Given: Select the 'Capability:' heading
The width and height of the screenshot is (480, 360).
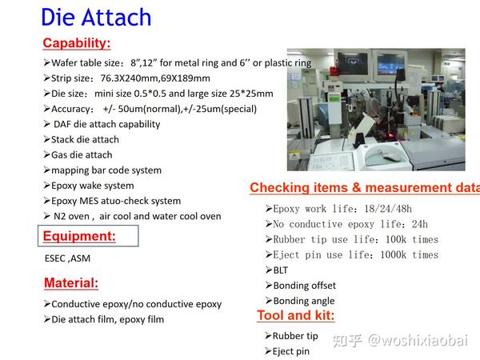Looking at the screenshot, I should coord(77,43).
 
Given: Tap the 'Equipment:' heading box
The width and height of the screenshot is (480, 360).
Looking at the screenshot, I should coord(79,236).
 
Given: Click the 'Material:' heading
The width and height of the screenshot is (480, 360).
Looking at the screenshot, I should coord(71,282).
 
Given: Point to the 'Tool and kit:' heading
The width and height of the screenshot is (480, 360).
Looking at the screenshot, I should coord(296,315).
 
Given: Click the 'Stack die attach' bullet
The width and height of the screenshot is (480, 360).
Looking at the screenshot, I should coord(85,139).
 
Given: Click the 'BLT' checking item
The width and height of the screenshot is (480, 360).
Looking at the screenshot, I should coord(280,270).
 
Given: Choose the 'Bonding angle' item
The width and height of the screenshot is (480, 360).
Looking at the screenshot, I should coord(302,301).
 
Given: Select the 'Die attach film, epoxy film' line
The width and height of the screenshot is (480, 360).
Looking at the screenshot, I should coord(107,319).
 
